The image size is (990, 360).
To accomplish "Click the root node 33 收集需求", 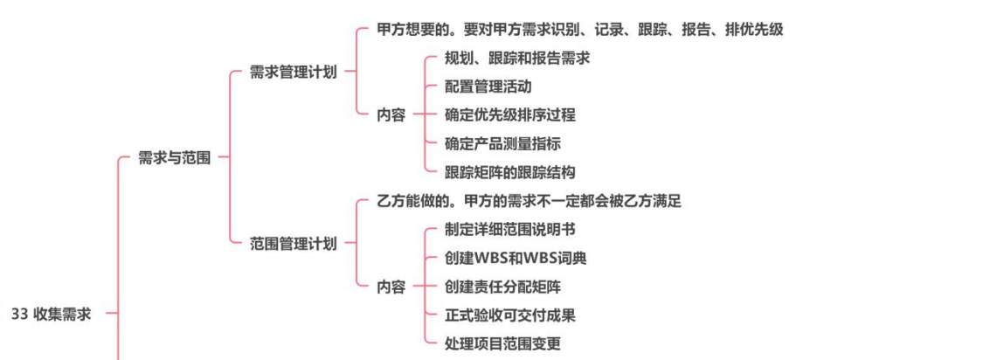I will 51,315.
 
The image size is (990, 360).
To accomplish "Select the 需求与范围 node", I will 174,158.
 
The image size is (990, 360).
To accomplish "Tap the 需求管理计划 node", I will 293,73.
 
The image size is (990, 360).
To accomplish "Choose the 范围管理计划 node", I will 293,244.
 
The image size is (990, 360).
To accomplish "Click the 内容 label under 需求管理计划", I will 391,115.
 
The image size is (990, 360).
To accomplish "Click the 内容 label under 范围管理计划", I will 391,287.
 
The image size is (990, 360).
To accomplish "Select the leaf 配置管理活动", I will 488,87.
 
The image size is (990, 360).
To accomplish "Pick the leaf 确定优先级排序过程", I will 509,115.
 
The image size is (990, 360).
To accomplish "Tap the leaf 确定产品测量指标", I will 502,143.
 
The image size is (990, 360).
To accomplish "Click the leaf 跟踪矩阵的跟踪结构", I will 509,172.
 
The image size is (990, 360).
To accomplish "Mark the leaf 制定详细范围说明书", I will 509,230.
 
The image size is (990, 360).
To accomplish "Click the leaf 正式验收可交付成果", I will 509,315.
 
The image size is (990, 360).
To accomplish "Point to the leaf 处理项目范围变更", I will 502,343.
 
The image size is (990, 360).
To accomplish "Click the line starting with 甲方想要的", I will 579,30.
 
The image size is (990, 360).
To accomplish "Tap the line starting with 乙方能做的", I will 529,201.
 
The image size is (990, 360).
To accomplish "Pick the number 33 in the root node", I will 20,315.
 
